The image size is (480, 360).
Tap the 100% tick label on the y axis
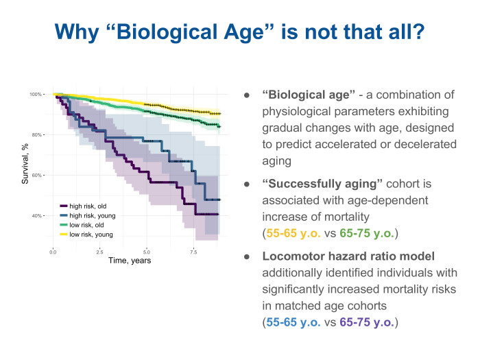coord(36,94)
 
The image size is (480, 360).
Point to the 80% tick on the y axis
coord(38,134)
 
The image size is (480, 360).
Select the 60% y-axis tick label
coord(38,175)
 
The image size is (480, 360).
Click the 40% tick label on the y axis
coord(38,216)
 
